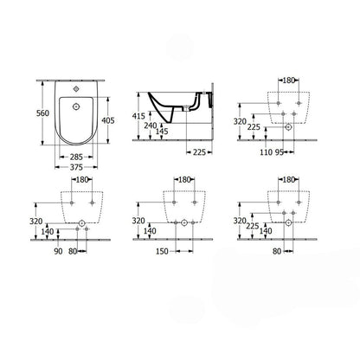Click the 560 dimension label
pyautogui.click(x=42, y=113)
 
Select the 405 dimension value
pyautogui.click(x=108, y=120)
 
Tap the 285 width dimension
pyautogui.click(x=76, y=157)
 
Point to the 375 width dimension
pyautogui.click(x=76, y=167)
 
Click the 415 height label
pyautogui.click(x=138, y=116)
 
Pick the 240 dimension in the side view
pyautogui.click(x=151, y=125)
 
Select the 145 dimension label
pyautogui.click(x=162, y=132)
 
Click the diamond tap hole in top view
pyautogui.click(x=76, y=89)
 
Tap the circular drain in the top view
pyautogui.click(x=76, y=106)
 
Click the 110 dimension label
pyautogui.click(x=266, y=152)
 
